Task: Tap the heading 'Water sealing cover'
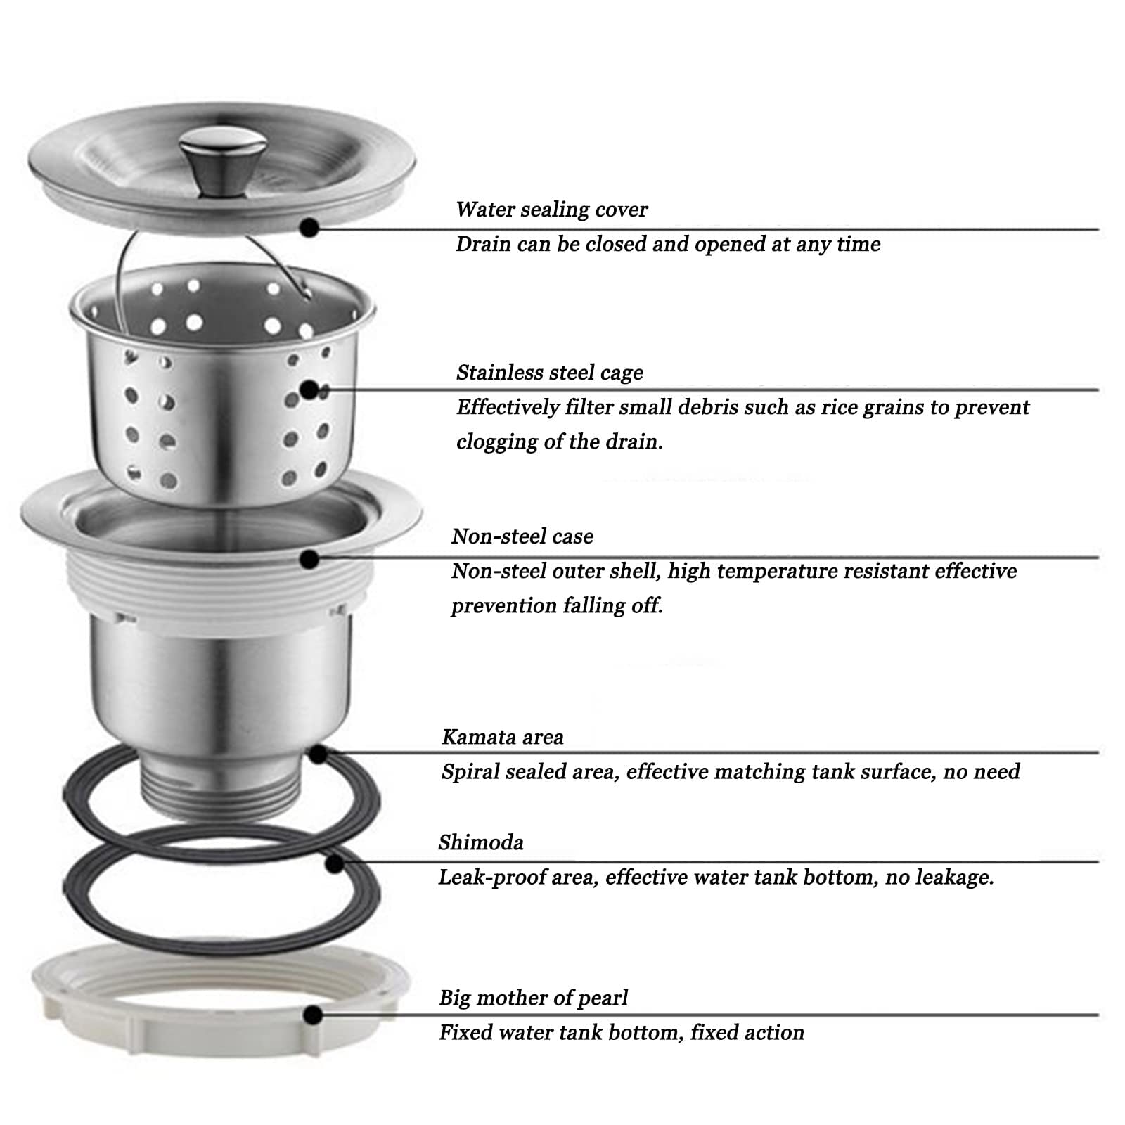click(x=552, y=210)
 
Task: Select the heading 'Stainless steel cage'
click(x=550, y=373)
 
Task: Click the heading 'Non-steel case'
click(x=522, y=536)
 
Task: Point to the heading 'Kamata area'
click(x=503, y=737)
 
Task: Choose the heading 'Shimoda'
click(x=481, y=842)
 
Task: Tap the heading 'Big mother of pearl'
click(x=534, y=998)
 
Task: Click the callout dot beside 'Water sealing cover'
click(x=309, y=227)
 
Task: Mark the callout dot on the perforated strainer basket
click(x=309, y=390)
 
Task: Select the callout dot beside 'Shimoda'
click(x=335, y=862)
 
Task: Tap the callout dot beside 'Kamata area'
click(x=318, y=754)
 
